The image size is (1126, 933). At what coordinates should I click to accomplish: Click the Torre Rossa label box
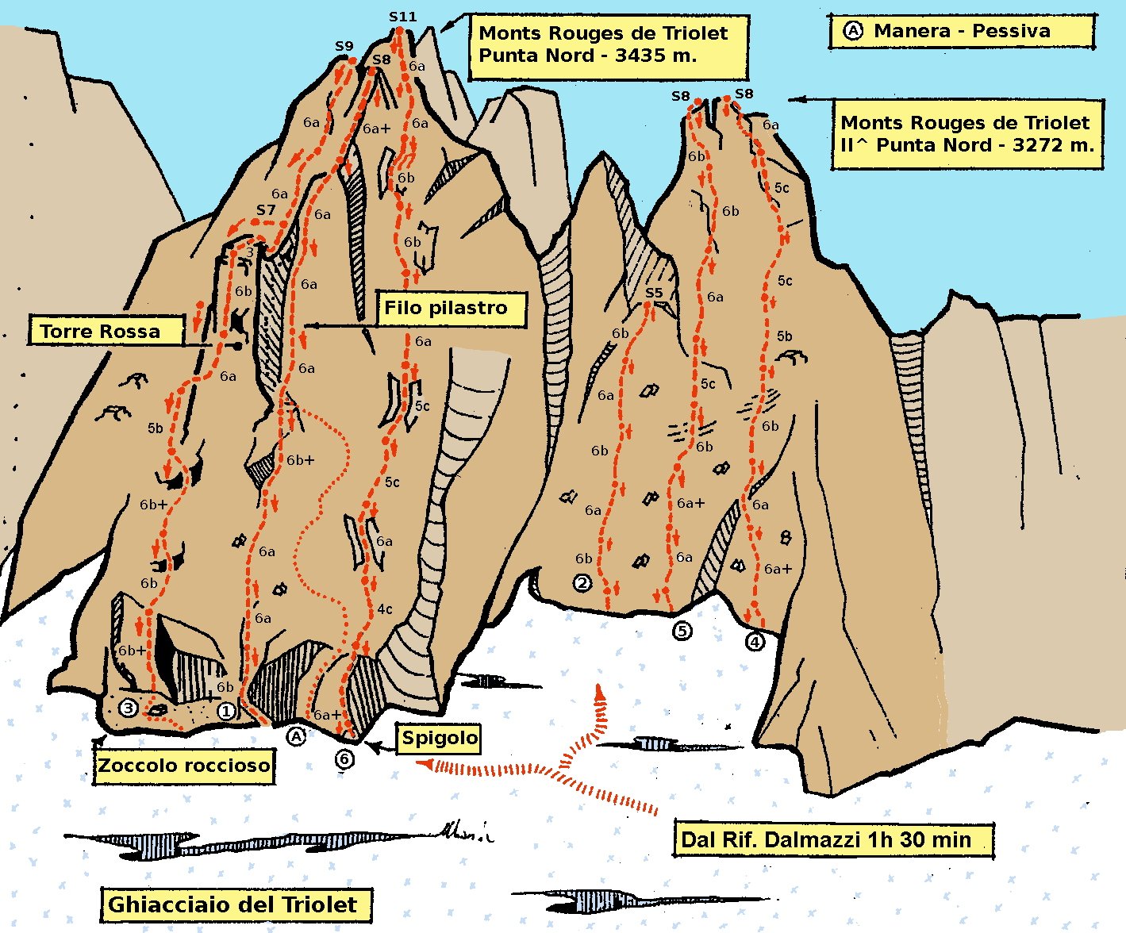tap(106, 331)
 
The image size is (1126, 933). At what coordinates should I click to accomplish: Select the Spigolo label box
tap(440, 738)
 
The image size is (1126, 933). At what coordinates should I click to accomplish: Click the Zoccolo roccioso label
tap(183, 766)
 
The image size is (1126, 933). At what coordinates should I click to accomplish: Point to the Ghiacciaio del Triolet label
tap(236, 904)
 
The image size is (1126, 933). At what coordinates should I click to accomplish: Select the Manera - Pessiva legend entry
tap(961, 32)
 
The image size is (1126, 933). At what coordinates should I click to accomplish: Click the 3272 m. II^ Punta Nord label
tap(967, 134)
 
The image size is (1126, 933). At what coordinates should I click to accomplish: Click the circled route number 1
tap(226, 711)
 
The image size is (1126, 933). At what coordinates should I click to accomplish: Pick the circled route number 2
tap(582, 583)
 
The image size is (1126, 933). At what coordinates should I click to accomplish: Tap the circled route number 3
tap(128, 708)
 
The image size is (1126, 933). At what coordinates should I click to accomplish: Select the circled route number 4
tap(755, 640)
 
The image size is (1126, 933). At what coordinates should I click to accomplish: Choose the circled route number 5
tap(682, 631)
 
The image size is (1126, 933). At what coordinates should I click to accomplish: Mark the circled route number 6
tap(344, 759)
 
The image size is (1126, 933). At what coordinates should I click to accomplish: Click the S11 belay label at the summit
tap(402, 16)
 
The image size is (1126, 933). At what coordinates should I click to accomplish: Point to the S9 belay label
tap(344, 47)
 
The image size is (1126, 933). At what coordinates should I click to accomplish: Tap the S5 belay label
tap(653, 293)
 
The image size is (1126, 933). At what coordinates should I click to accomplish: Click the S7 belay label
tap(266, 210)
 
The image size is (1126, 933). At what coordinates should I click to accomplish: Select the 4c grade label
tap(385, 609)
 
